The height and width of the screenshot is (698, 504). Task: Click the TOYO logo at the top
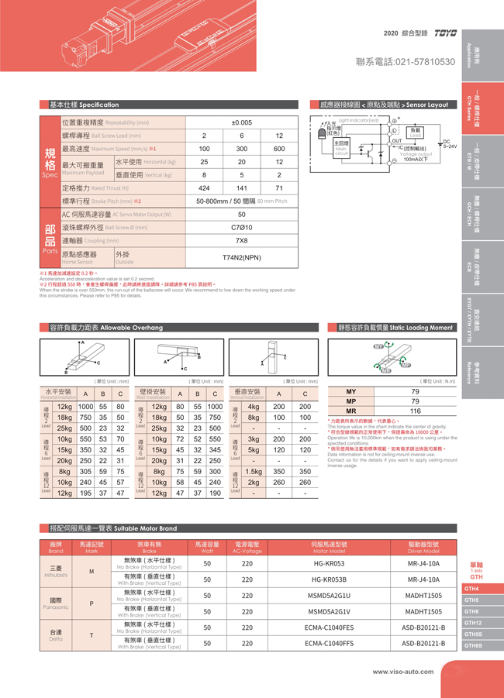click(447, 34)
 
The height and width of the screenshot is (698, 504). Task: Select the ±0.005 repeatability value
click(241, 122)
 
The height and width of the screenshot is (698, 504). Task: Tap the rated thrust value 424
click(204, 188)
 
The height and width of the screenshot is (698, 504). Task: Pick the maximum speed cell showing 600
click(279, 149)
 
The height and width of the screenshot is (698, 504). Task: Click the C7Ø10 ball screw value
click(241, 228)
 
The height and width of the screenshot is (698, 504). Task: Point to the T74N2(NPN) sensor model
click(241, 257)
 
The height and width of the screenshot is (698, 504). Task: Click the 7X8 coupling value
click(241, 241)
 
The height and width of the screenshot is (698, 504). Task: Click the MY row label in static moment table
click(351, 393)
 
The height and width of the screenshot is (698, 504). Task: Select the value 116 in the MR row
click(415, 411)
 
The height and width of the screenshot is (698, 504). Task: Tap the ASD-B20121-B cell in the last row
click(424, 643)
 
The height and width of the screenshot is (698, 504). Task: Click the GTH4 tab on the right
click(473, 589)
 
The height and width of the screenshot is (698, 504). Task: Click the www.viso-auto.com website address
click(412, 672)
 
